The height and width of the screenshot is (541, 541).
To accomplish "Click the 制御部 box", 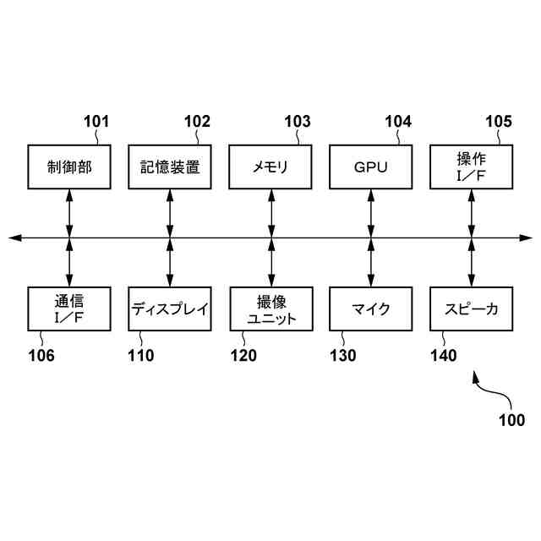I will pos(69,167).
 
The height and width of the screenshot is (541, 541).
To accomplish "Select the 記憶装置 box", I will pos(170,167).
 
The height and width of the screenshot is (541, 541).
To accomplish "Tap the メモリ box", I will pos(270,167).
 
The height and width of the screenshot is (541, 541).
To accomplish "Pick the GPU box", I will pos(370,167).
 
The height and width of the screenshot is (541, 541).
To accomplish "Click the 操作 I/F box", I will pos(471,167).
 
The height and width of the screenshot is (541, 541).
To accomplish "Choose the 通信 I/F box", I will pos(69,309).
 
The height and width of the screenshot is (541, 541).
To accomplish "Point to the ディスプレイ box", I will pos(170,309).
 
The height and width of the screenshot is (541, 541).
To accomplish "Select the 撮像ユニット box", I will pos(270,309).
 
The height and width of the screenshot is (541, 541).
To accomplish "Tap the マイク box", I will pos(370,309).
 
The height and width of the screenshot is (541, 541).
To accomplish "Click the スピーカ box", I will pos(471,309).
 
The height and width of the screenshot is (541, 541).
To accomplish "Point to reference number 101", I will pos(96,121).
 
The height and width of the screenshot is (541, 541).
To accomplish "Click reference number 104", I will pos(398,121).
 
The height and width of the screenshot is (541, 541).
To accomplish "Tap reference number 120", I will pos(243,356).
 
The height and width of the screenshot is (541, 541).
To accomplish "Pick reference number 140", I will pos(443,356).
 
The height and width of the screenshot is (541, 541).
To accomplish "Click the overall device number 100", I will pos(510,420).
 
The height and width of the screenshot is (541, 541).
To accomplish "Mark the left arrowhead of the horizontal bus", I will pos(14,238).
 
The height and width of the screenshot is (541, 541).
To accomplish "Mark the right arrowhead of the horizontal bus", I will pos(527,238).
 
